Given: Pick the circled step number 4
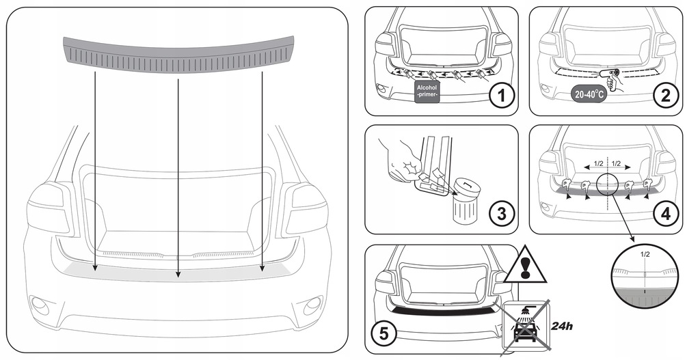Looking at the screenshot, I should [x=664, y=214].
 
